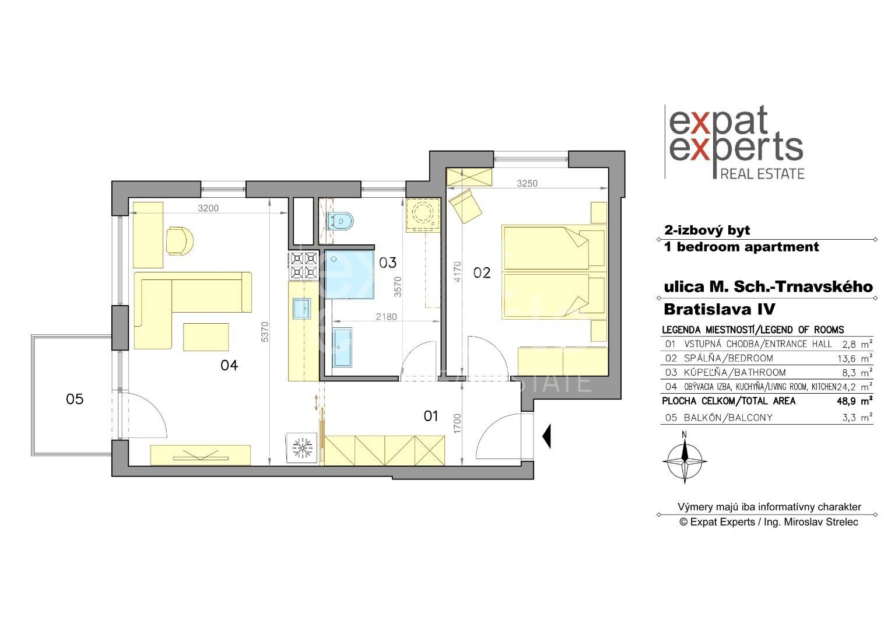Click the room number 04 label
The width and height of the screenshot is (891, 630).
tap(229, 365)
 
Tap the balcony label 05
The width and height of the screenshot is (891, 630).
tap(75, 399)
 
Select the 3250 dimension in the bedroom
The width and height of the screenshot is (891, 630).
tap(527, 184)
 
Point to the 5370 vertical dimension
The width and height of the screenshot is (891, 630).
tap(265, 331)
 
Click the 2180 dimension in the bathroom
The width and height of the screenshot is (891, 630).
tap(386, 317)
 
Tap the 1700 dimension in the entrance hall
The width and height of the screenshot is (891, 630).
tap(457, 423)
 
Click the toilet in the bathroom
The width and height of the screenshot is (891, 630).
tap(340, 221)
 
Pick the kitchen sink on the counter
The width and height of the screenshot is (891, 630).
tap(302, 309)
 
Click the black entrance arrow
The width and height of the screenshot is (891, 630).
tap(547, 436)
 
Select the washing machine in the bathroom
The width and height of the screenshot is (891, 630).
tap(423, 215)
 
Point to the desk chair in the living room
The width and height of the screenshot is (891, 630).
tap(180, 241)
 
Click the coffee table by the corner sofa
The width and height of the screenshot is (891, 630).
tap(206, 337)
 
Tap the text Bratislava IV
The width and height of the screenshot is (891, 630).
tap(720, 309)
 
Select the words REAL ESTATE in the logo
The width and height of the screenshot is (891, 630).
tap(762, 174)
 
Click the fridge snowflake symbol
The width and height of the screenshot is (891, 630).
tap(302, 448)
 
